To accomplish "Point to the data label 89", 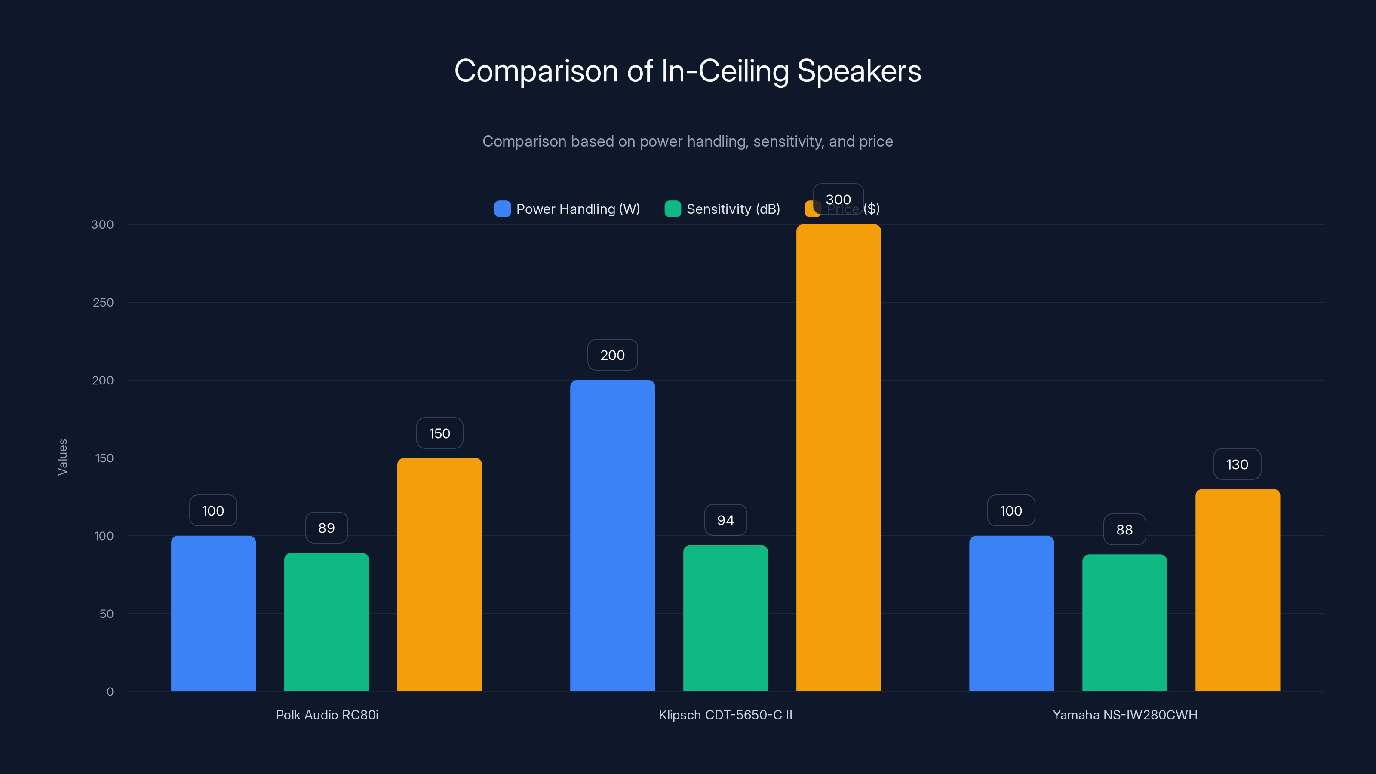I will pos(326,528).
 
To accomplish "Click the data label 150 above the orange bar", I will pos(439,433).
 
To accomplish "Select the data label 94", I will pos(725,520).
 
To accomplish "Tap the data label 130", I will pos(1237,464).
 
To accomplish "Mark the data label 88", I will pos(1124,529).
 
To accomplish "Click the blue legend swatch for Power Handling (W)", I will pos(502,209).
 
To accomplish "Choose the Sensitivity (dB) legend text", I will pos(733,209).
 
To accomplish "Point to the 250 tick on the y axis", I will pos(103,302).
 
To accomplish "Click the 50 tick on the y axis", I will pos(106,614).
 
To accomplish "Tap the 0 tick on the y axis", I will pos(110,692).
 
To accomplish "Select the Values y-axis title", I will pos(62,457).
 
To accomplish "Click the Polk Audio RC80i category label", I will pos(327,715).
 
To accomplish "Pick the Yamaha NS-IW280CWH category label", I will pos(1124,715).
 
